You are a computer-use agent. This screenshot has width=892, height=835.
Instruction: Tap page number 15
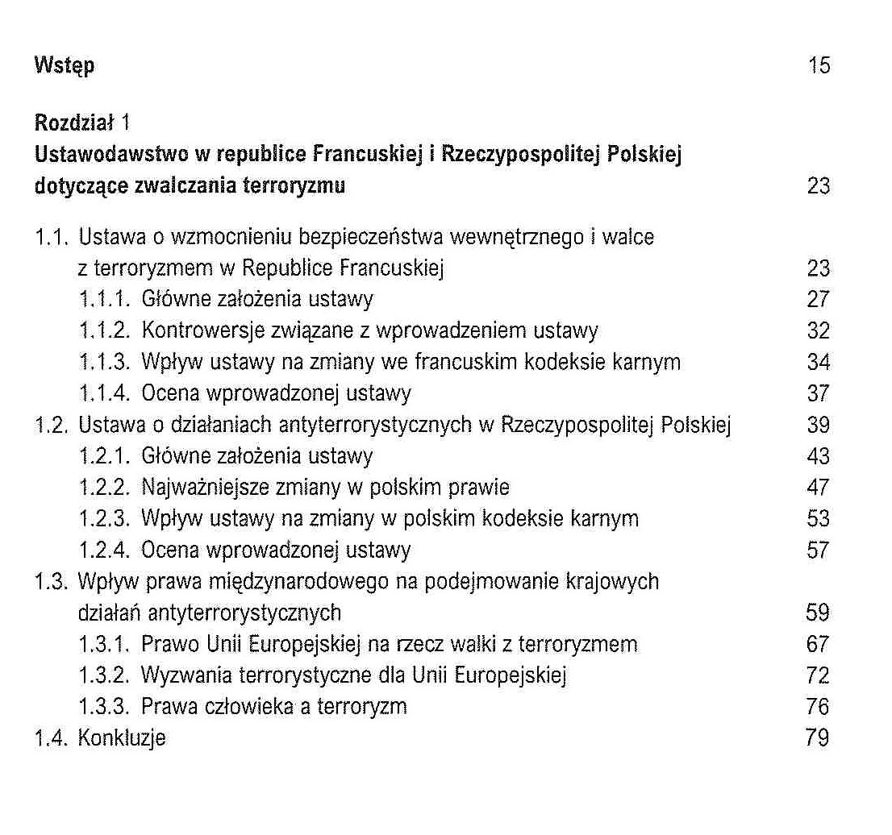[x=819, y=65]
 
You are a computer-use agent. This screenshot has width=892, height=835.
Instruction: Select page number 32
[x=818, y=331]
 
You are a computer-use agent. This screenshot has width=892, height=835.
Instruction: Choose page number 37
[x=818, y=393]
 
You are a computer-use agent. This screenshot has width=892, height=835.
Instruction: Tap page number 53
[x=818, y=519]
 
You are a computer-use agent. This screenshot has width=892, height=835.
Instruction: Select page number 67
[x=818, y=644]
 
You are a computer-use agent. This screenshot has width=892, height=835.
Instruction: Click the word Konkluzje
[x=122, y=738]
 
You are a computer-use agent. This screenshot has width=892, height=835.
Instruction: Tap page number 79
[x=818, y=738]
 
